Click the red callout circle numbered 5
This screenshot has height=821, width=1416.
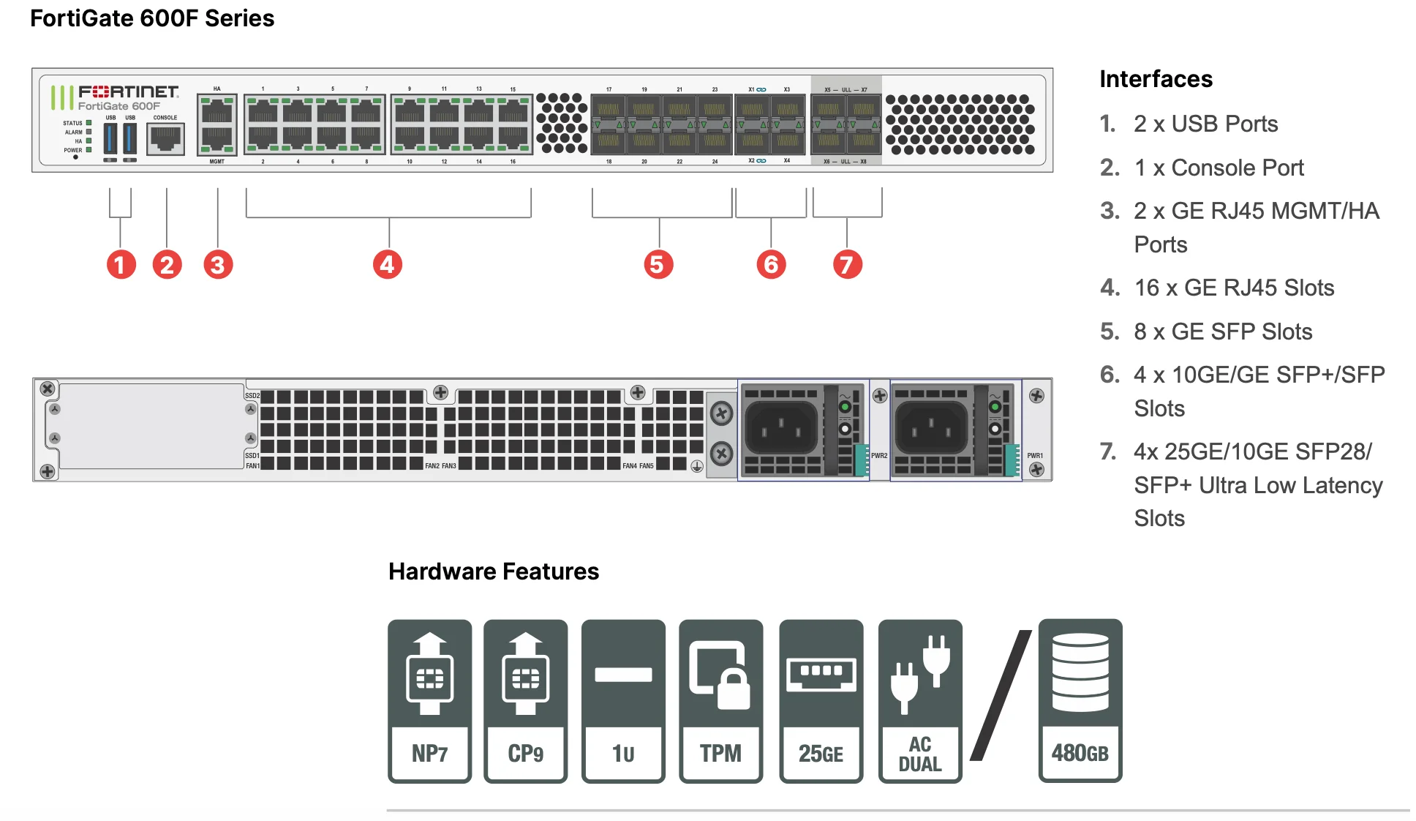point(658,264)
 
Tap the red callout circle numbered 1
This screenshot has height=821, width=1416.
point(121,264)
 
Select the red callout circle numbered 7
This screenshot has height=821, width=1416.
point(847,264)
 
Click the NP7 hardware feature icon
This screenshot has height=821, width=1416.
point(429,700)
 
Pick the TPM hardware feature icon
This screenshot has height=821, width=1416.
point(720,700)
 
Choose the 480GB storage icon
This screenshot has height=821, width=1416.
point(1080,700)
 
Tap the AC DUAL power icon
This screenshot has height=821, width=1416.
point(919,700)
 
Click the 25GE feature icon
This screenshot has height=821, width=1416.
point(821,700)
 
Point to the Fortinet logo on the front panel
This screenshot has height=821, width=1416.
point(128,92)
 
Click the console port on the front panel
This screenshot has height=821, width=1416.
point(165,138)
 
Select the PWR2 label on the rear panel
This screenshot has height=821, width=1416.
point(879,456)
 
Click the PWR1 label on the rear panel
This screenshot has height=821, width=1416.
point(1035,456)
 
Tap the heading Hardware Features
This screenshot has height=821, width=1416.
point(493,571)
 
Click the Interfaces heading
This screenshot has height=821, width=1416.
point(1156,79)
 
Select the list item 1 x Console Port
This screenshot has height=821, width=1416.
point(1219,168)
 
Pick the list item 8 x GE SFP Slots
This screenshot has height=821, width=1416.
point(1223,331)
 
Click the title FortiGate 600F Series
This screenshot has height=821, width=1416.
point(152,18)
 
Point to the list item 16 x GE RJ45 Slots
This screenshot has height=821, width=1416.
point(1234,288)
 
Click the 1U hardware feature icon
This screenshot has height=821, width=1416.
point(623,700)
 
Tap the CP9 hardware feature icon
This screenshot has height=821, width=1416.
point(525,700)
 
